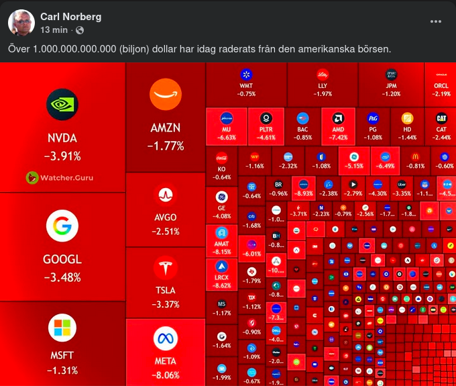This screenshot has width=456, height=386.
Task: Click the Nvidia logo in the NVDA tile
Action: [62, 105]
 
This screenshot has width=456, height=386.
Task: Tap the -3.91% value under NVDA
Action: [62, 156]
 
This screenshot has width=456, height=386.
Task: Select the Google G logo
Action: [62, 226]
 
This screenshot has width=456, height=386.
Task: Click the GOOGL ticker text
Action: [62, 260]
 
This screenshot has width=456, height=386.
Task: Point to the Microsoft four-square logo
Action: [62, 328]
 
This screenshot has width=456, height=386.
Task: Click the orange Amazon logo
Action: [166, 96]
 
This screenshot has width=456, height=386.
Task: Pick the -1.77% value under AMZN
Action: [166, 145]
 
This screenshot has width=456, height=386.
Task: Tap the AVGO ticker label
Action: [166, 218]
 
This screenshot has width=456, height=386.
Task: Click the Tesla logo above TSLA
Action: [166, 268]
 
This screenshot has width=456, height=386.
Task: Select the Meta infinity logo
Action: [166, 339]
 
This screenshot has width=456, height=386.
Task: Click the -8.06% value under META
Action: [166, 375]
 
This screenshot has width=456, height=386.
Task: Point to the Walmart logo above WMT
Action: [247, 74]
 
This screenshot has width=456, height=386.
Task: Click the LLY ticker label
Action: [323, 86]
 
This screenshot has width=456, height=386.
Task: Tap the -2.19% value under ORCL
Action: [441, 94]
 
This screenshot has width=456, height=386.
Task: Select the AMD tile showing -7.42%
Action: [339, 124]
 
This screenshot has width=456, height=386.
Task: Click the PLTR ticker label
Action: [266, 130]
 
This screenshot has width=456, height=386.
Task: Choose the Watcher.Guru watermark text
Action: [60, 178]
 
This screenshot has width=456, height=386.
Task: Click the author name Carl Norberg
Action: [71, 16]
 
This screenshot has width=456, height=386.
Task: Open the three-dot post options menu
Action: [436, 21]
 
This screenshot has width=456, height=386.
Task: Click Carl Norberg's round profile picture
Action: [21, 23]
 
